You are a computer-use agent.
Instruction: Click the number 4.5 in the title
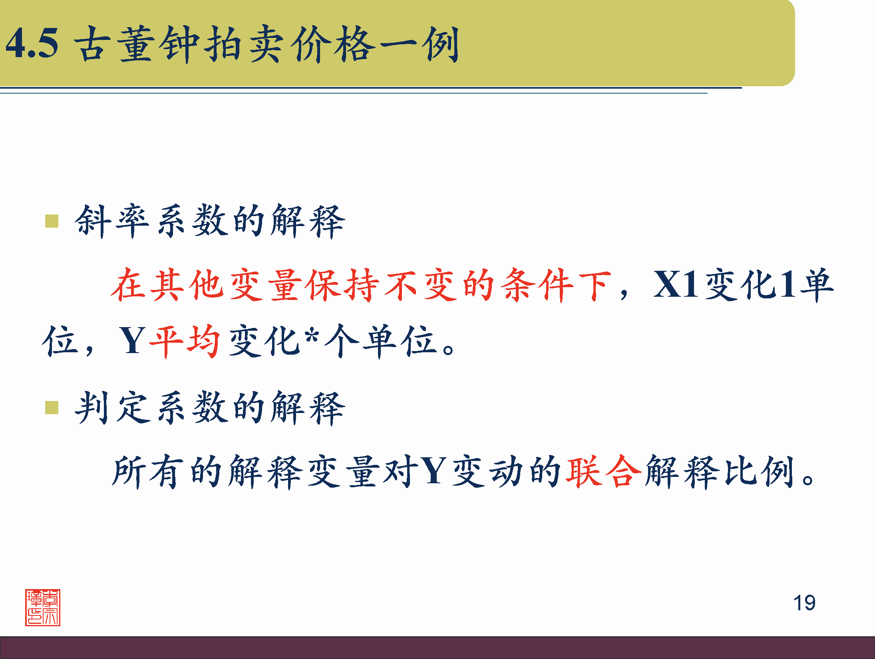[32, 43]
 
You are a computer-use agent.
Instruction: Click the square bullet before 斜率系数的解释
[52, 221]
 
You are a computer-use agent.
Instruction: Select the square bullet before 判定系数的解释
[52, 408]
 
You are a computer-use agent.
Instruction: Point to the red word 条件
[537, 285]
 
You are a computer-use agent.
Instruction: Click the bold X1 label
[675, 285]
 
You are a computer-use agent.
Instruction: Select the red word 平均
[185, 341]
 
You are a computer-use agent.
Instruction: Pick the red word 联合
[603, 471]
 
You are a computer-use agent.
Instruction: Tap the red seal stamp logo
[43, 607]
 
